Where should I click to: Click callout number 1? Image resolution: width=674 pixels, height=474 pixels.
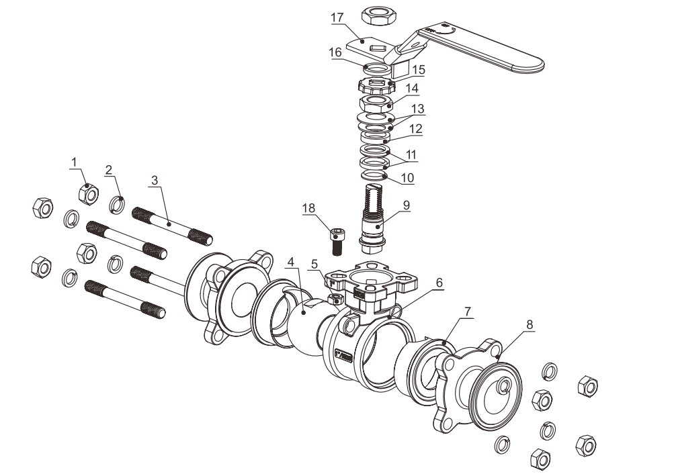[75, 161]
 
